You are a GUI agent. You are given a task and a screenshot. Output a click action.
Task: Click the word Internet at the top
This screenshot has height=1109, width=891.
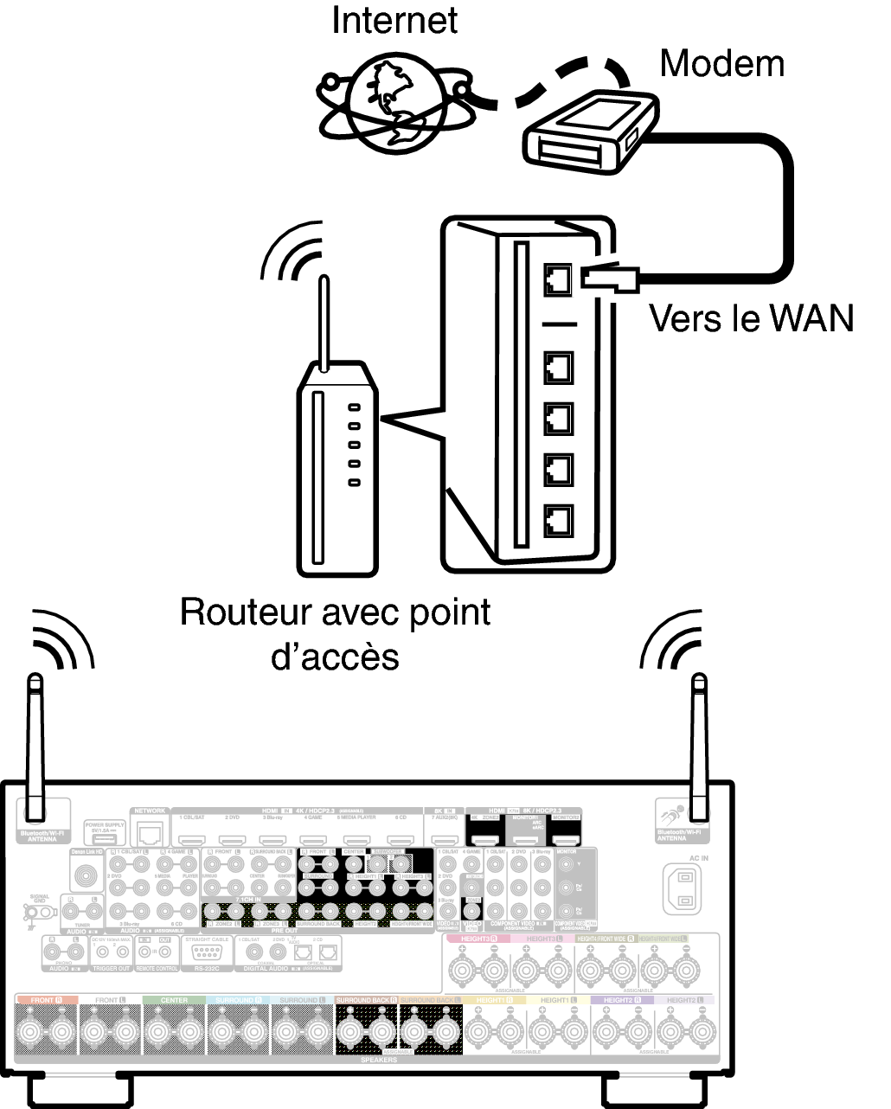[394, 21]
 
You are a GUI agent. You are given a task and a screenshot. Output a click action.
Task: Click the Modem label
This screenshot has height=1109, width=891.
[722, 63]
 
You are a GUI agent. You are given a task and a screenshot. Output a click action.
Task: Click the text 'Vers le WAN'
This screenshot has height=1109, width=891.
[751, 318]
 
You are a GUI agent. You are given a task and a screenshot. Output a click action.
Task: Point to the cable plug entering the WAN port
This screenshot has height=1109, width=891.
[609, 277]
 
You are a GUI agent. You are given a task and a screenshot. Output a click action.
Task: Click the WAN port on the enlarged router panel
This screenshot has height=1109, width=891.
[558, 279]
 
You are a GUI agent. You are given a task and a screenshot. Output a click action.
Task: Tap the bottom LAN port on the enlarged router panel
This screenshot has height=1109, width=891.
[558, 520]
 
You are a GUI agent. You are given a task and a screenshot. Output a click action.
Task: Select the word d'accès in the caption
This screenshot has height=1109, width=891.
[336, 657]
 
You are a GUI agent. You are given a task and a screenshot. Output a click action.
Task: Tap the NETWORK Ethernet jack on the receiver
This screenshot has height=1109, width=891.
[151, 834]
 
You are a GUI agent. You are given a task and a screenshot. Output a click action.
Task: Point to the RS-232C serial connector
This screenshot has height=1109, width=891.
[206, 952]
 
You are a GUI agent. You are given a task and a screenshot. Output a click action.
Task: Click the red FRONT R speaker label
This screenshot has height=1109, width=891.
[47, 1000]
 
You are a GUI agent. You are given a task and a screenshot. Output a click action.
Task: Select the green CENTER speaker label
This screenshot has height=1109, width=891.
[174, 1000]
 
